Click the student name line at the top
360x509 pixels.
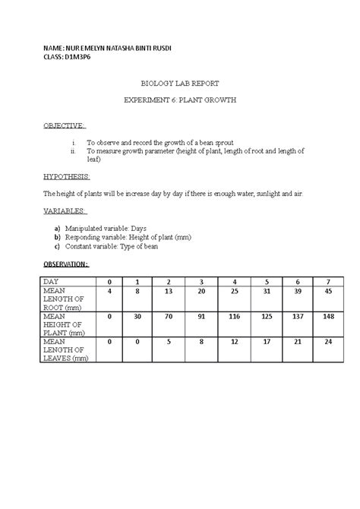(x=107, y=48)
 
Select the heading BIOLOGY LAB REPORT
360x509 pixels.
(x=179, y=88)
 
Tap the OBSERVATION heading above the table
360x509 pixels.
(x=66, y=264)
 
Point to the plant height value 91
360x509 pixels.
(x=202, y=316)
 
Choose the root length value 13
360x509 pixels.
(x=169, y=291)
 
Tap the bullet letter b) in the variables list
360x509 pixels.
(x=57, y=237)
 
